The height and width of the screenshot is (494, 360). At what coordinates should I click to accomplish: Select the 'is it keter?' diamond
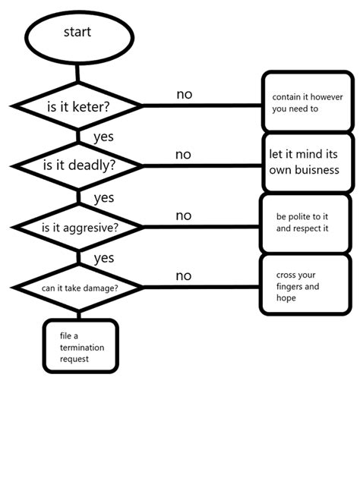point(77,106)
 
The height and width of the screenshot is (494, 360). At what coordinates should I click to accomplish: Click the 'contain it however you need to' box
point(307,102)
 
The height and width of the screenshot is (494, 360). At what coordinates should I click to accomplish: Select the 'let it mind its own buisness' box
point(307,162)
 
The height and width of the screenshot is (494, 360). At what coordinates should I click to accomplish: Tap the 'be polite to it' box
point(305,222)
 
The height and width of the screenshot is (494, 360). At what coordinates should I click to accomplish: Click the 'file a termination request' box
point(81,346)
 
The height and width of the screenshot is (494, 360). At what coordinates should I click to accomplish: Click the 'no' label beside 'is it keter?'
point(185,95)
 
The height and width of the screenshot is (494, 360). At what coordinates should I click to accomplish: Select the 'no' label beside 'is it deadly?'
point(183,155)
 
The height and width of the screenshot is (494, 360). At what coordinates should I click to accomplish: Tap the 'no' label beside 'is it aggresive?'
point(184,216)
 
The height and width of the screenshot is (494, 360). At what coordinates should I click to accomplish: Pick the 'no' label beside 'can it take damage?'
point(184,276)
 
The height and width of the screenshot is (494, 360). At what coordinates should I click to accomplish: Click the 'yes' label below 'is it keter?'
point(103,137)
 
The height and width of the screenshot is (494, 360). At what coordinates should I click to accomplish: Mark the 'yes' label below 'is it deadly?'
point(103,198)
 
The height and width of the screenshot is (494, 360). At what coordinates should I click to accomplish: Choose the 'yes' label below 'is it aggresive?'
point(103,259)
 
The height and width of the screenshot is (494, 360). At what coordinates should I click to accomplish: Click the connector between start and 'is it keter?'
point(77,72)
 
